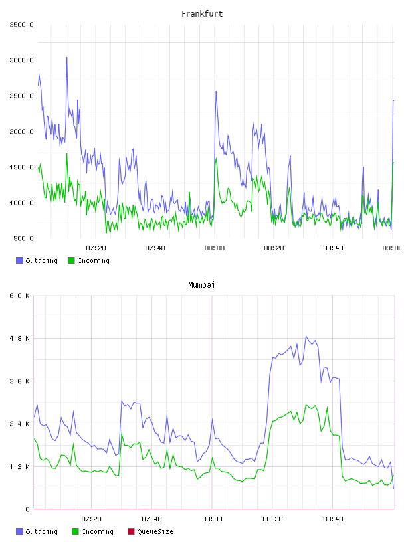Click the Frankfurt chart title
click(202, 14)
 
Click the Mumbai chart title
click(201, 285)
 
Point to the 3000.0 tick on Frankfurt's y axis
click(22, 60)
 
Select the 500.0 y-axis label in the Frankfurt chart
click(24, 238)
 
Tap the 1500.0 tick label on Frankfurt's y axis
click(22, 167)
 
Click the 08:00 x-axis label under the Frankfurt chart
click(215, 248)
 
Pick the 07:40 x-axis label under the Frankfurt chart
click(155, 248)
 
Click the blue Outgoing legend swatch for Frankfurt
click(19, 260)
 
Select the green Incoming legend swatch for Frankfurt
click(71, 260)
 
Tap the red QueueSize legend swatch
click(131, 531)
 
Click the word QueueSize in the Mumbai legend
click(155, 531)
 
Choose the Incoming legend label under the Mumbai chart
click(98, 531)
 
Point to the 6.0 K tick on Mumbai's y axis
click(20, 296)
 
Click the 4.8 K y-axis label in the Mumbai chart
click(20, 338)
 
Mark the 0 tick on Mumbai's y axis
click(28, 509)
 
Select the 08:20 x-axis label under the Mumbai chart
click(272, 519)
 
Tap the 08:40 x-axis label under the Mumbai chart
click(333, 519)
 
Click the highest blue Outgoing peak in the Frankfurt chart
click(66, 58)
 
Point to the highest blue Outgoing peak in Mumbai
click(306, 336)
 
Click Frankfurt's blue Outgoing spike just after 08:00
click(216, 92)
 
